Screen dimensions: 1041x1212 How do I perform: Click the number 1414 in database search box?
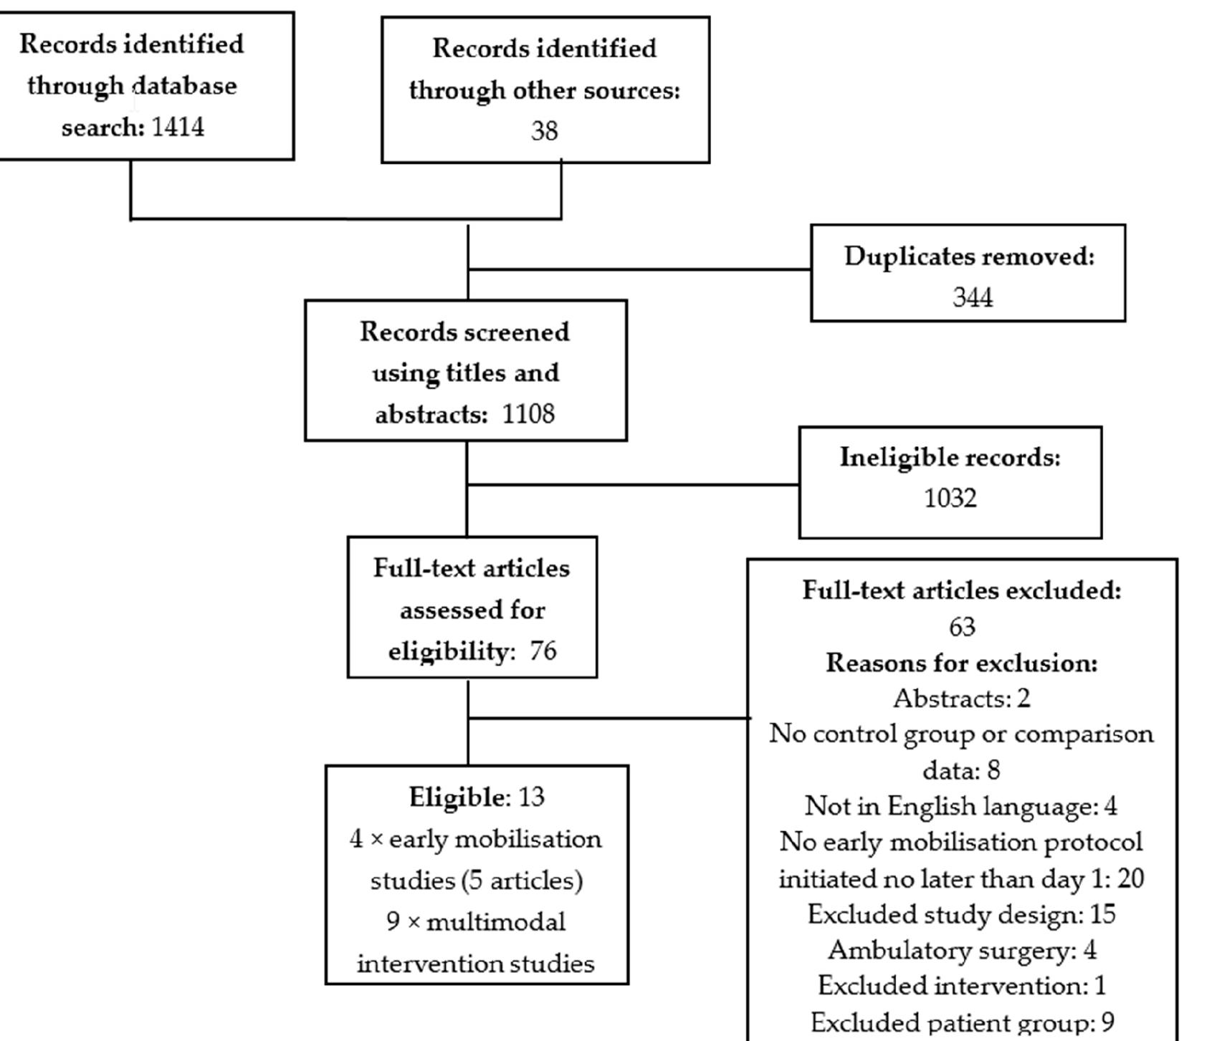178,128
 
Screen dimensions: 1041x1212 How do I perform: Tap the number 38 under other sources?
544,131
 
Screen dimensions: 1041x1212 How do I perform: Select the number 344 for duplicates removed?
972,297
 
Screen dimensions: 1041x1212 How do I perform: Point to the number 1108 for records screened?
528,414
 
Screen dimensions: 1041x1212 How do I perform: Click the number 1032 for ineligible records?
950,498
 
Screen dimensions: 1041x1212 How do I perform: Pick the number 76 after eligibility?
543,651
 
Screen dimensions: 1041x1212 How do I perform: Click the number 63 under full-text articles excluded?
962,627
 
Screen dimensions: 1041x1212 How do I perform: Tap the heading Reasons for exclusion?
961,663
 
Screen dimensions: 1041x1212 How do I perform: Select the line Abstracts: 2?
961,699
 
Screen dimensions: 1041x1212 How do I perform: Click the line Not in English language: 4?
960,806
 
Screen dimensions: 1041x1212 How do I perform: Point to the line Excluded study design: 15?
961,914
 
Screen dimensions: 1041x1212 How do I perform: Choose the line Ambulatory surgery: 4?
961,950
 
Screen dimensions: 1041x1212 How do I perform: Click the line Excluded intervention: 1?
961,986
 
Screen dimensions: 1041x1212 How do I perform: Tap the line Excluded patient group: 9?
961,1022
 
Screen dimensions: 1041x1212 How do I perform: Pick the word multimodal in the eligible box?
495,922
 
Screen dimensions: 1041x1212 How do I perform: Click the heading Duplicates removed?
969,256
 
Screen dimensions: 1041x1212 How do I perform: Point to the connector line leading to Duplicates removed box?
639,270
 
